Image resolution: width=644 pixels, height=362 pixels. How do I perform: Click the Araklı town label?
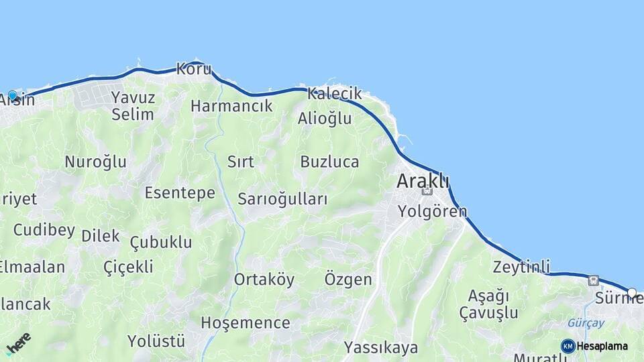423,181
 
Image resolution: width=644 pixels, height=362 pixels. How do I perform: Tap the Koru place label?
194,69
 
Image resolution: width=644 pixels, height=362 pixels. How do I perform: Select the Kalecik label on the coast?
334,94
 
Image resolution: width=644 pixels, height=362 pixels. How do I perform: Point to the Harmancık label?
231,106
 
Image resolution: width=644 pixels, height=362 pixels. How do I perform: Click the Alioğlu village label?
325,119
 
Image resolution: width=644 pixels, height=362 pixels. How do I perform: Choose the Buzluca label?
329,162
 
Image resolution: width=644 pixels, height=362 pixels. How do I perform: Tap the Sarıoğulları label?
282,199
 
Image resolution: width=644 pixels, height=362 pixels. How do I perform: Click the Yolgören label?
432,212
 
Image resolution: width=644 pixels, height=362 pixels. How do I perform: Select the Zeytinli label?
521,265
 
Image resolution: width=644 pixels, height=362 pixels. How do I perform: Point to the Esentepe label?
180,193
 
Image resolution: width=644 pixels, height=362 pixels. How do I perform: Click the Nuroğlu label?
95,162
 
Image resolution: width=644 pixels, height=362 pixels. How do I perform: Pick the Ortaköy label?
264,280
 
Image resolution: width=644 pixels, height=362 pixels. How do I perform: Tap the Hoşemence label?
246,323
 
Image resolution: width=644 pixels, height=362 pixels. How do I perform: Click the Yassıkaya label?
381,347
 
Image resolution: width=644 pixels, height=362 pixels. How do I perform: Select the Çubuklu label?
161,242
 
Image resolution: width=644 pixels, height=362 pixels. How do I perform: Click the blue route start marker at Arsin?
12,96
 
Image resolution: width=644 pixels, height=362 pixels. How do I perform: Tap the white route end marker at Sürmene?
631,292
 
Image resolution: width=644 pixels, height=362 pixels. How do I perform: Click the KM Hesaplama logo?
594,346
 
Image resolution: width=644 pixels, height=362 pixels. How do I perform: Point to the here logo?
18,343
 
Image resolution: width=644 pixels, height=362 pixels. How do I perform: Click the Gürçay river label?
586,323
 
